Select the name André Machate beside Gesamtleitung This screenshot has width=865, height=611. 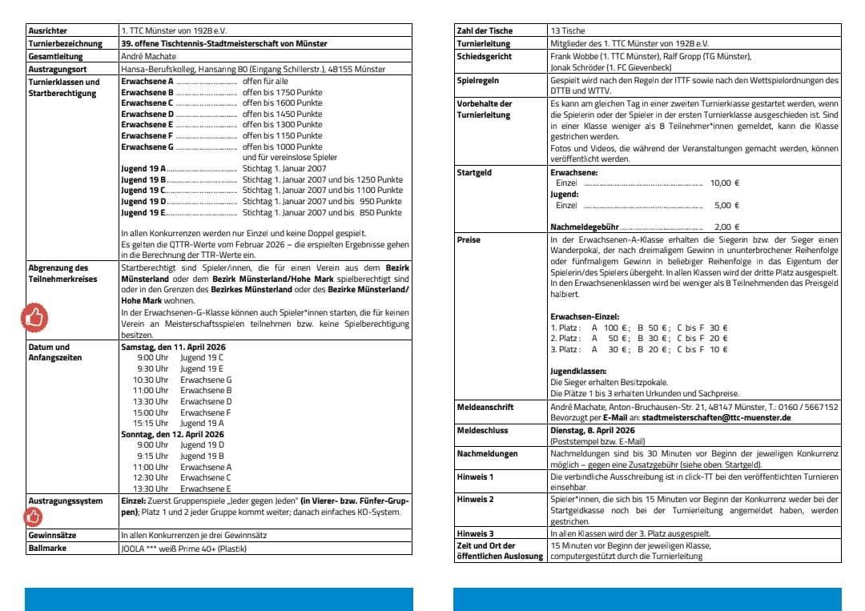tap(149, 57)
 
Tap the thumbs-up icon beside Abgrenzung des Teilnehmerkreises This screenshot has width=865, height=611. tap(34, 318)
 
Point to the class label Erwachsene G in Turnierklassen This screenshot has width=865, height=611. tap(147, 147)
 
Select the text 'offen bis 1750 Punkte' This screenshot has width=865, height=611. tap(282, 92)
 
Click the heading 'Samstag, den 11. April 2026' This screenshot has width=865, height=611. tap(172, 347)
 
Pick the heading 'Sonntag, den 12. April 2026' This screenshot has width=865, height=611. tap(172, 434)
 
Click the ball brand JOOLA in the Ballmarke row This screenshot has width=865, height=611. tap(132, 549)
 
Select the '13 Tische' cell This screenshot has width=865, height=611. tap(566, 30)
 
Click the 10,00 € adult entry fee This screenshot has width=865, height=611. tap(724, 183)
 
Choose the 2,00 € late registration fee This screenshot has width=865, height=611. tap(726, 227)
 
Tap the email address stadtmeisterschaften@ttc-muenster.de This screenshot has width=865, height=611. tap(717, 417)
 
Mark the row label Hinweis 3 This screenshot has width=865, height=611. tap(475, 533)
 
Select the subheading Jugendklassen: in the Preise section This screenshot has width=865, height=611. tap(578, 372)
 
